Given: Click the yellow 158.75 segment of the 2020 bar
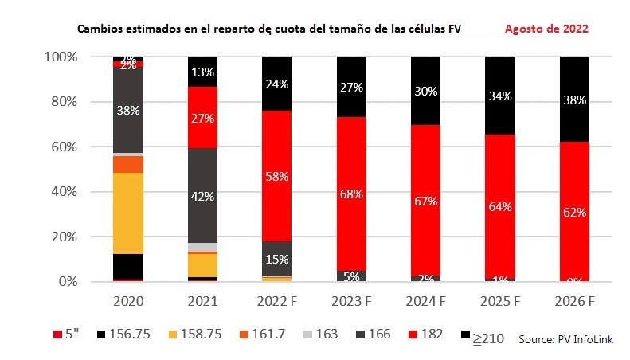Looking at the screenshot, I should (x=128, y=213).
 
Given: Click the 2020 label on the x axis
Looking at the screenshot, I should (x=128, y=303).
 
